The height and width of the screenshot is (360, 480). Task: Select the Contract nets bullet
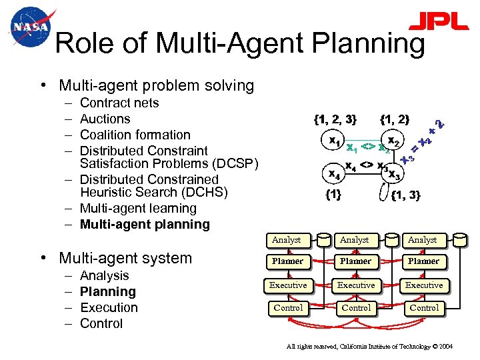pos(119,103)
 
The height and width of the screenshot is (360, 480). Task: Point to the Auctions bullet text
pos(105,119)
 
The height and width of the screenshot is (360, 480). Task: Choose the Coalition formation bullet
pos(135,135)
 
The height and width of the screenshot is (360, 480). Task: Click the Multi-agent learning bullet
pos(138,208)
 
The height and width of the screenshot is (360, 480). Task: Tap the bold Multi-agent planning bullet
pos(145,224)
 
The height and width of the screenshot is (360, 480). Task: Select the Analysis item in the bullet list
pos(104,275)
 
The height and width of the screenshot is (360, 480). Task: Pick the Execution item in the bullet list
pos(109,307)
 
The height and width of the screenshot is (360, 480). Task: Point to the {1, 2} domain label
pos(395,120)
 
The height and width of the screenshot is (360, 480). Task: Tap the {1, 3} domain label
pos(405,195)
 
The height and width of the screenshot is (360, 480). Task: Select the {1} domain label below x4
pos(333,195)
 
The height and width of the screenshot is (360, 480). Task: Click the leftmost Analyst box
pos(287,239)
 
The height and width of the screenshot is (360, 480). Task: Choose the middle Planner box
pos(355,261)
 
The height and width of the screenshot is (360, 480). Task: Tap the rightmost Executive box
pos(424,285)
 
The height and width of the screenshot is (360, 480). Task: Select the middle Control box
pos(356,308)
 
